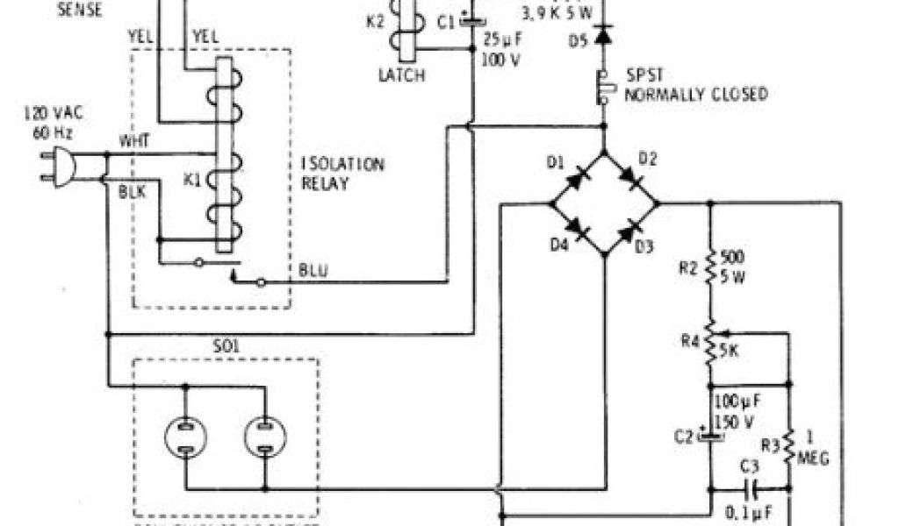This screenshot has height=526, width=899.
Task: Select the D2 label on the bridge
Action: click(647, 159)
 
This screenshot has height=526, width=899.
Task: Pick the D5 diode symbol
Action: click(603, 36)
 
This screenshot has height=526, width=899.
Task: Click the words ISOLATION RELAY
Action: click(332, 174)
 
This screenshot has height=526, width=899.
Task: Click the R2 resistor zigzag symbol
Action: click(708, 267)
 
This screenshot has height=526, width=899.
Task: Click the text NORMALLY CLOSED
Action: click(695, 94)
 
